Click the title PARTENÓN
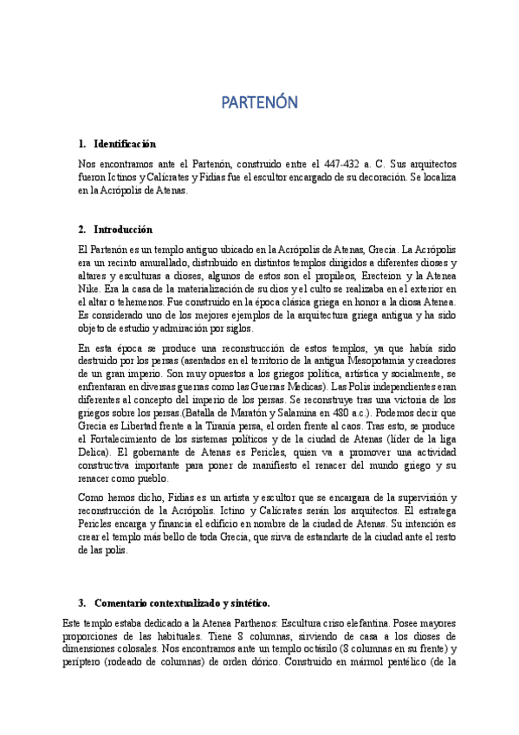click(259, 103)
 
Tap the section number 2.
click(81, 230)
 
